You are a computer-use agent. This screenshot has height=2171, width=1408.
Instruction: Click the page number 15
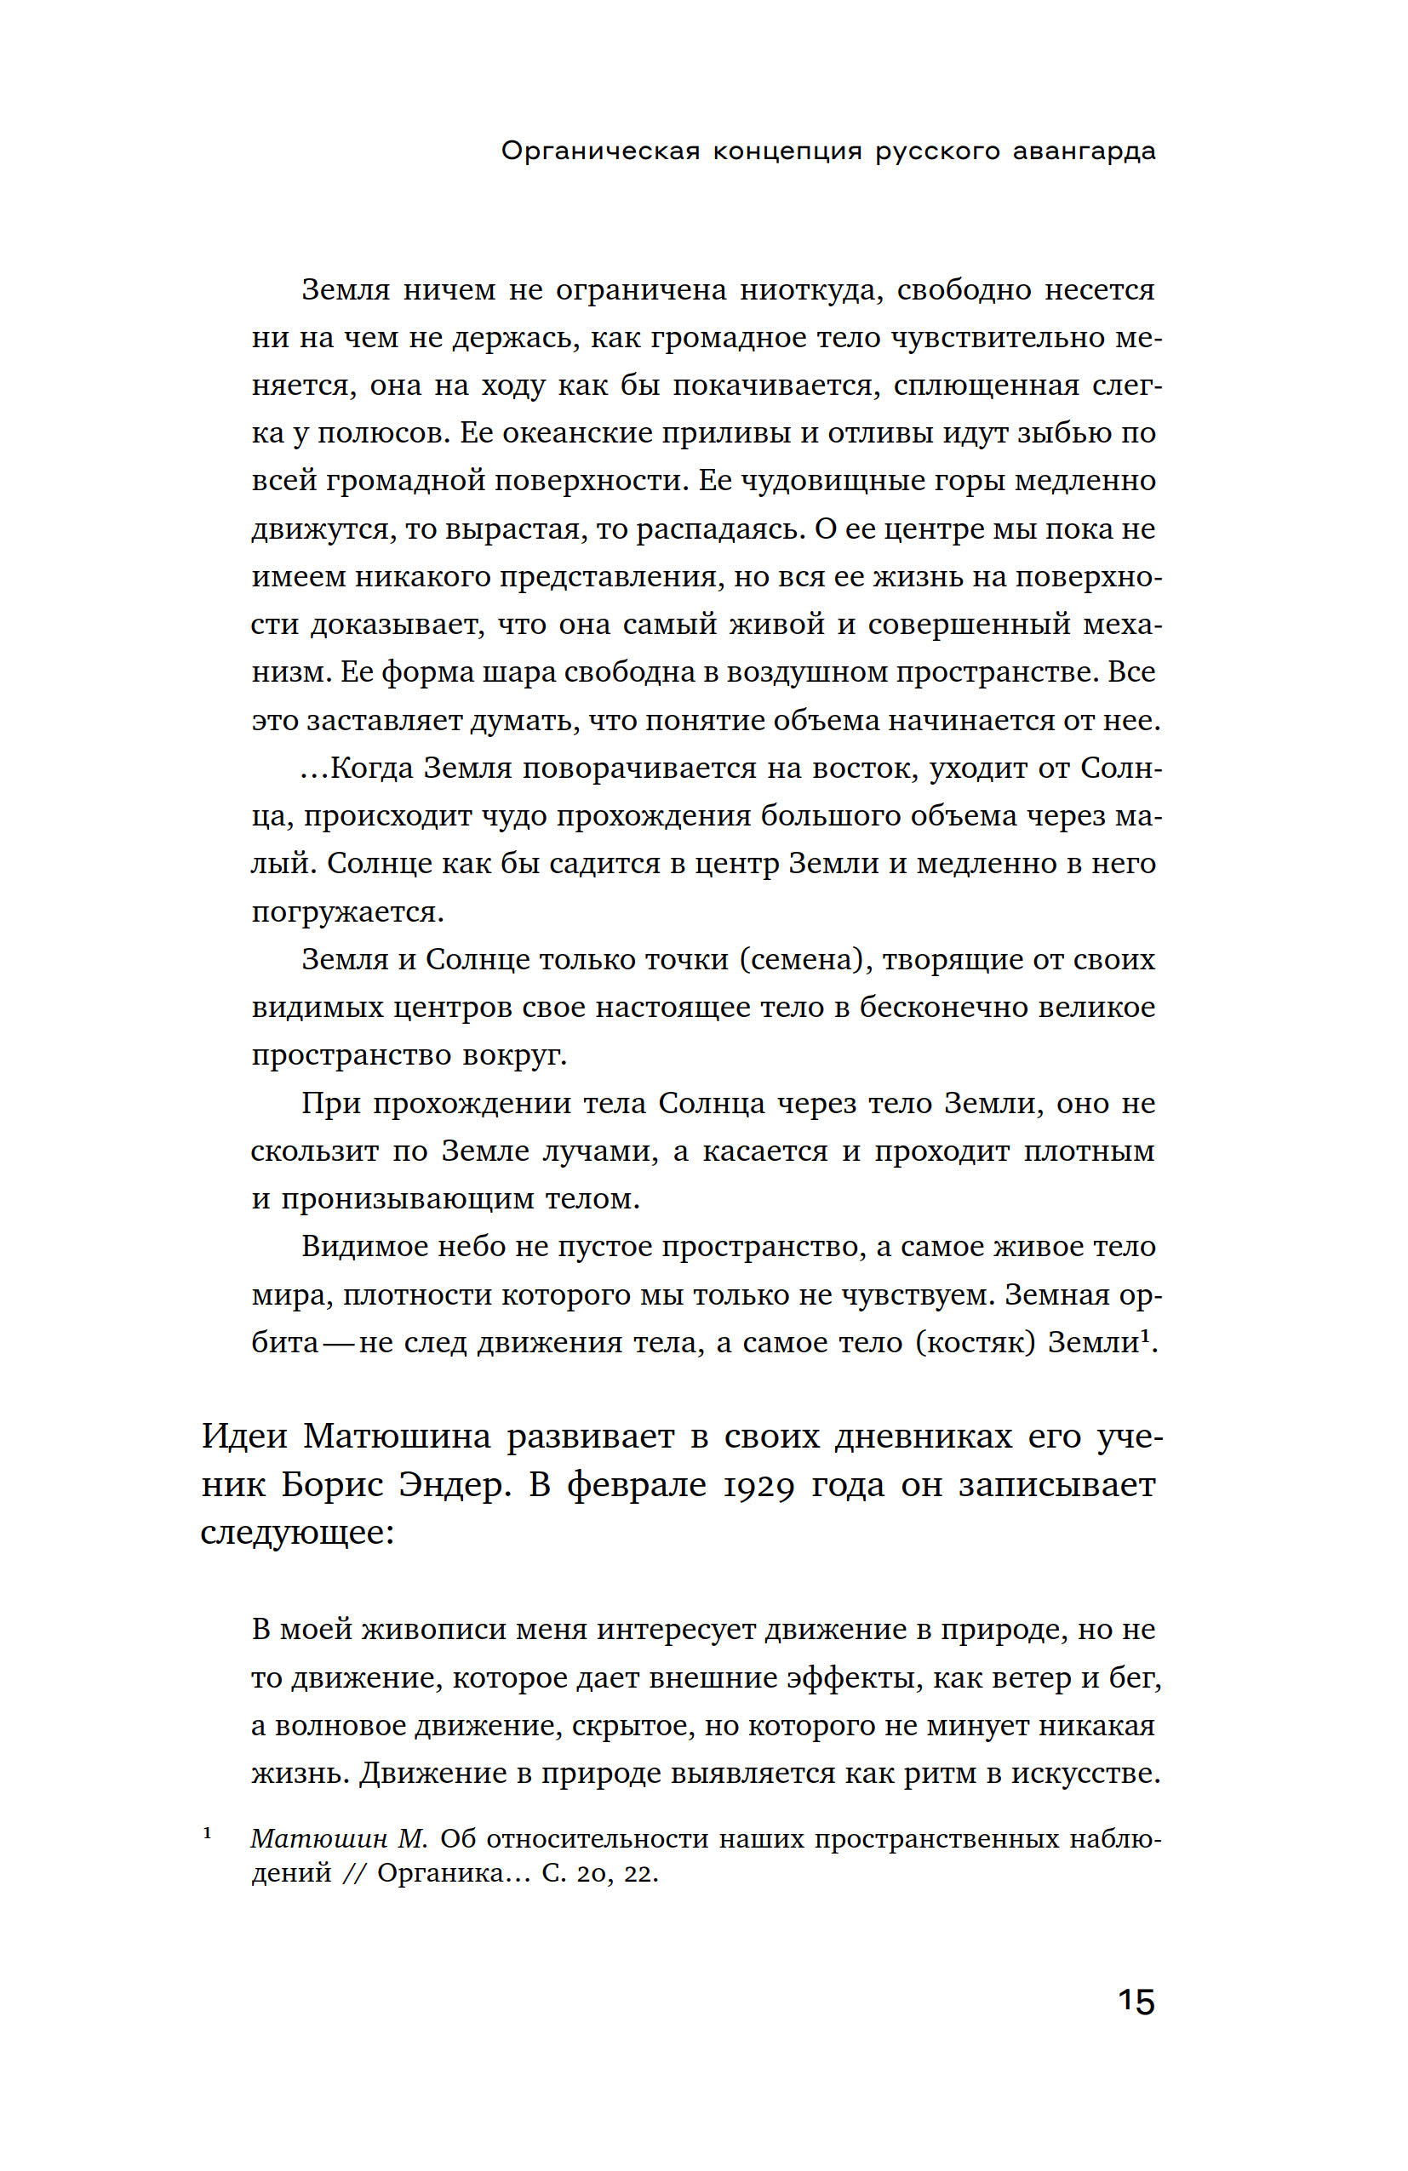tap(1136, 2002)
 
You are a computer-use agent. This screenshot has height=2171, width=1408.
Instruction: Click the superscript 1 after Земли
tap(1145, 1335)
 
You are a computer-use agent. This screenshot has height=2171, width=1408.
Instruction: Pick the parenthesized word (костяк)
tap(976, 1342)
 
